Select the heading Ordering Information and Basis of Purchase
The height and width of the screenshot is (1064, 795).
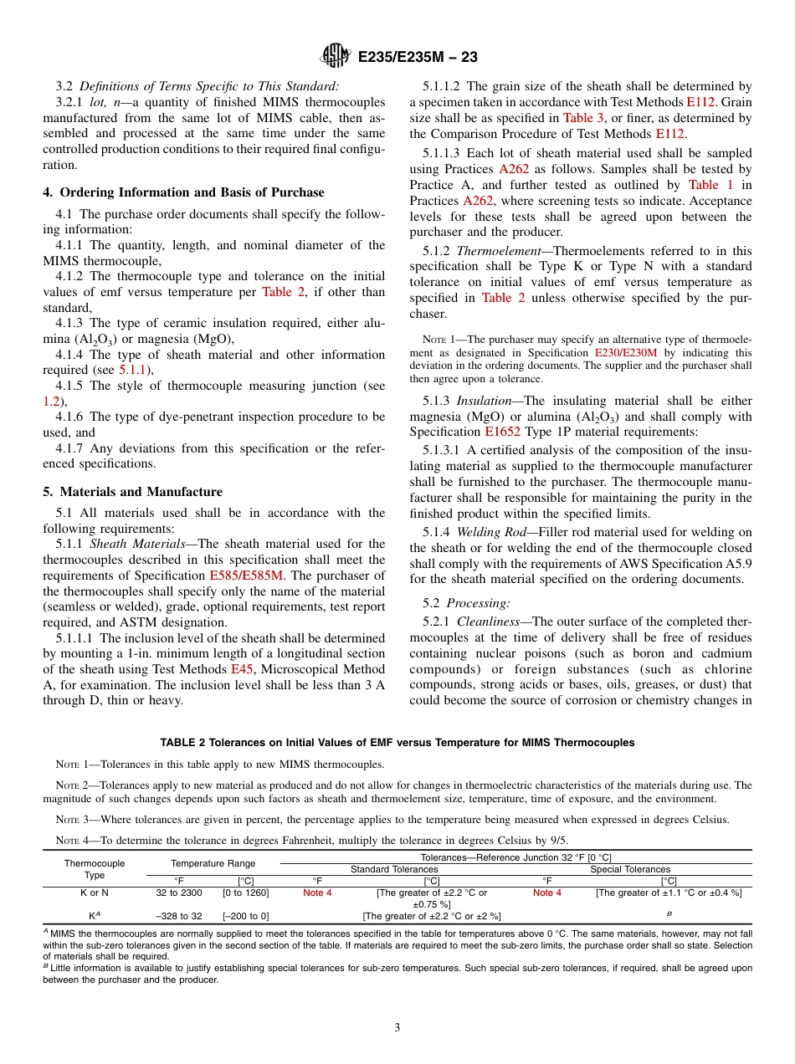pyautogui.click(x=183, y=192)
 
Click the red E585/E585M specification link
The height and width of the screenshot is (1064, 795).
pyautogui.click(x=246, y=575)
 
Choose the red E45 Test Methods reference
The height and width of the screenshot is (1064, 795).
pyautogui.click(x=240, y=669)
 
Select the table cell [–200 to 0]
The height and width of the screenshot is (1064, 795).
pyautogui.click(x=247, y=916)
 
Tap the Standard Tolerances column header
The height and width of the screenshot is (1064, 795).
pyautogui.click(x=393, y=869)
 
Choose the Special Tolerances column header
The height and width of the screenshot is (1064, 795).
pyautogui.click(x=630, y=869)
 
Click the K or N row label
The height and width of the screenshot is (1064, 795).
pyautogui.click(x=95, y=893)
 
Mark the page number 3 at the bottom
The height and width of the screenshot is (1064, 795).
pyautogui.click(x=397, y=1028)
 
